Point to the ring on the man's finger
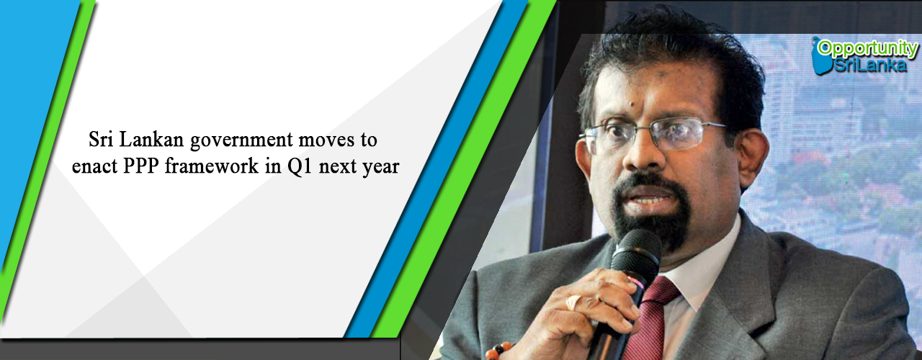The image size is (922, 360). click(x=574, y=302)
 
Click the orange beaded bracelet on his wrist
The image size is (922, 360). click(x=498, y=351)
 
